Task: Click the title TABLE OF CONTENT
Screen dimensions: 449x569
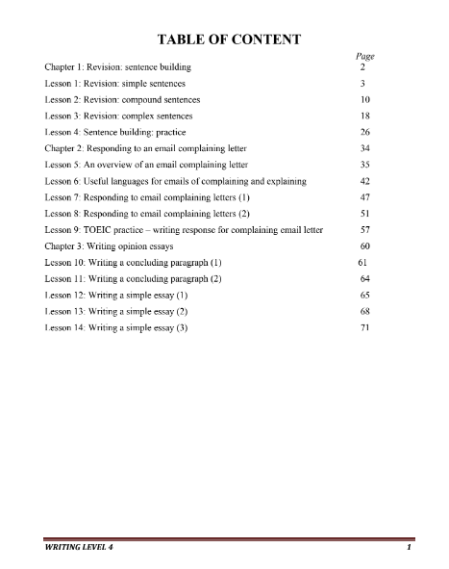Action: tap(224, 39)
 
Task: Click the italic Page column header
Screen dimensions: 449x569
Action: tap(364, 57)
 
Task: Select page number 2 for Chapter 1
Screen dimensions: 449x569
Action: tap(362, 68)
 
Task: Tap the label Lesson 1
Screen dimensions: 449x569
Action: tap(62, 85)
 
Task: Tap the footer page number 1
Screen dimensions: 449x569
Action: tap(409, 549)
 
